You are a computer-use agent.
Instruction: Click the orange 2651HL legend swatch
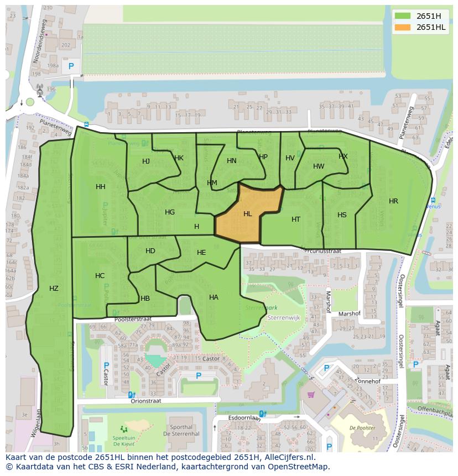[403, 27]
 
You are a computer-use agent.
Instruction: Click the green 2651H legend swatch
[403, 16]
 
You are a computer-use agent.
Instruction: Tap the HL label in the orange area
[248, 214]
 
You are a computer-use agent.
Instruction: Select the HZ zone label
[54, 289]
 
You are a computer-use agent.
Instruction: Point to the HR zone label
[393, 201]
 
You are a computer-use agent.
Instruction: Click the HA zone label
[214, 297]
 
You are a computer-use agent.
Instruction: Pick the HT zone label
[296, 219]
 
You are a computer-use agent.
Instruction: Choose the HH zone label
[100, 187]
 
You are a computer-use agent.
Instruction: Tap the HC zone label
[100, 276]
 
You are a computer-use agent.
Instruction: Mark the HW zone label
[319, 166]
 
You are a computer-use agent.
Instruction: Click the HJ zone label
[146, 161]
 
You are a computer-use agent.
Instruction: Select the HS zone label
[342, 215]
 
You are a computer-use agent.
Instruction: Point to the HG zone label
[170, 212]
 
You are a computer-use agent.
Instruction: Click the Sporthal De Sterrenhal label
[181, 431]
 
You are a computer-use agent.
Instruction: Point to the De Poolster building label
[362, 428]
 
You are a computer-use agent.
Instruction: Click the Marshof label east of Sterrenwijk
[349, 313]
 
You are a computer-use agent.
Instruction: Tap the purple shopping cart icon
[311, 395]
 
